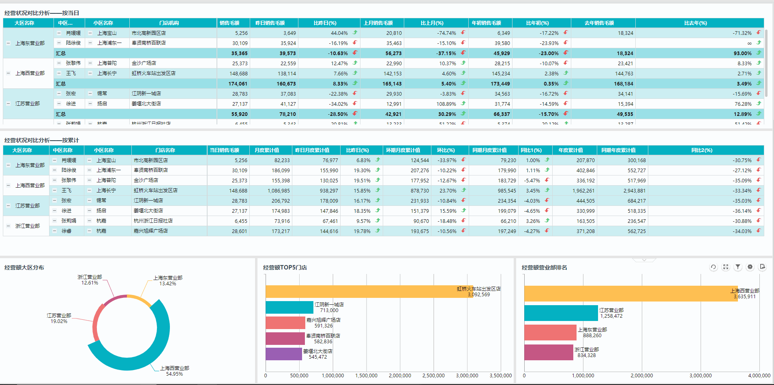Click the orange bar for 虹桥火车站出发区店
(x=365, y=292)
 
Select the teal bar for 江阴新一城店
(x=289, y=307)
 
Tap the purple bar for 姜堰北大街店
(x=284, y=354)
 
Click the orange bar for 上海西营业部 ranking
(x=628, y=293)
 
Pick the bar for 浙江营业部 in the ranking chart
(x=549, y=352)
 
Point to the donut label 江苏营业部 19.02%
(x=59, y=318)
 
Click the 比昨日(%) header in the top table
(x=325, y=23)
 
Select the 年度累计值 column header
(x=570, y=150)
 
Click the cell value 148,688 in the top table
(x=238, y=74)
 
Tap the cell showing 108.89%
(x=446, y=104)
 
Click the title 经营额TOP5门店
(x=285, y=267)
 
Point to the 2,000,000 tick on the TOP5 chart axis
(x=400, y=376)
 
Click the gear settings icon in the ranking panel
(x=750, y=267)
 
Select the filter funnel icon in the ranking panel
(x=738, y=267)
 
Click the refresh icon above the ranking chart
(x=713, y=267)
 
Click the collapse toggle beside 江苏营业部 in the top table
(x=8, y=104)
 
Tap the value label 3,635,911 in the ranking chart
(x=744, y=297)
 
